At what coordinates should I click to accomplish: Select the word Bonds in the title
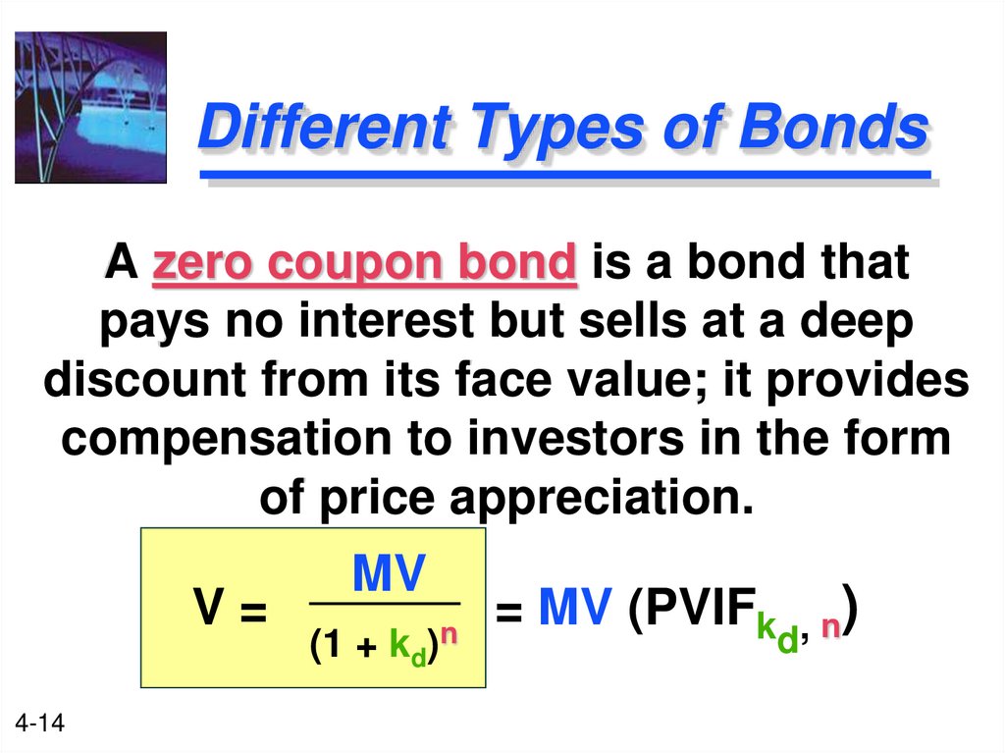point(831,128)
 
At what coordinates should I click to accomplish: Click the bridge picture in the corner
point(90,107)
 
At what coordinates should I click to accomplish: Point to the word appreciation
point(592,499)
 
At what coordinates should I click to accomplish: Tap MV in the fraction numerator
point(389,574)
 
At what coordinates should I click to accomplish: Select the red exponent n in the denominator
point(448,635)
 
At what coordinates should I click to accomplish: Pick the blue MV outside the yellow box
point(575,612)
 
